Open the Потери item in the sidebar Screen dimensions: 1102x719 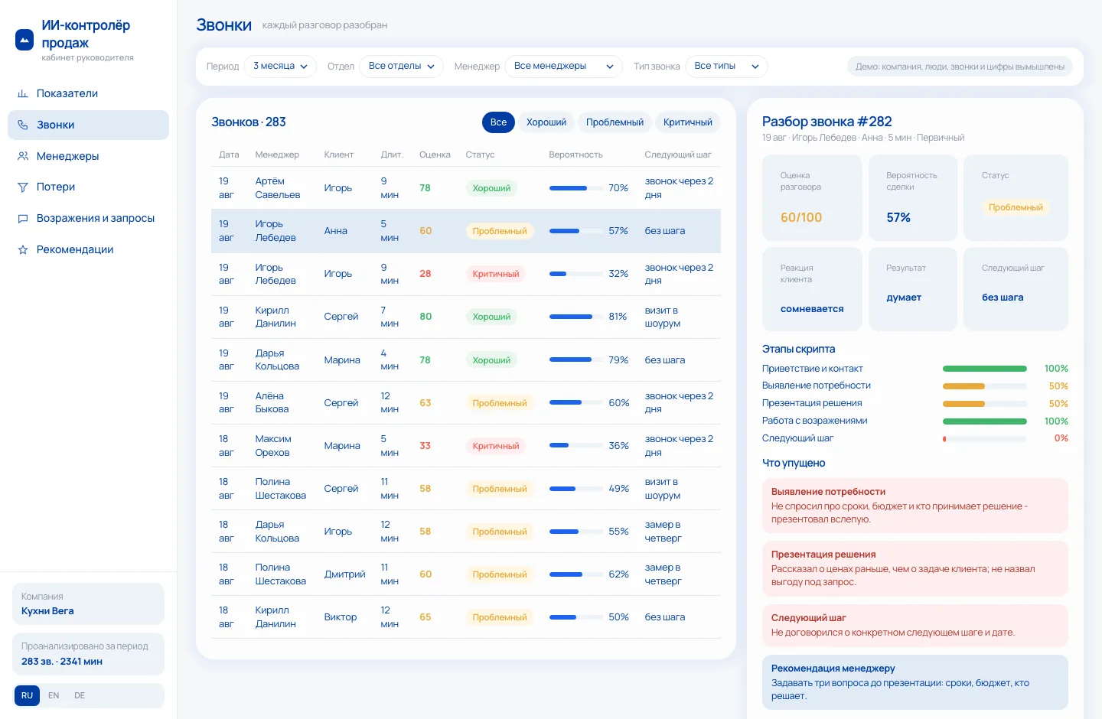pyautogui.click(x=55, y=187)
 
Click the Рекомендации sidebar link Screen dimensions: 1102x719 pyautogui.click(x=75, y=249)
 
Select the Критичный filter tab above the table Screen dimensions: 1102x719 pyautogui.click(x=687, y=122)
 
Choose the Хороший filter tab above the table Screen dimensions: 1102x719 pyautogui.click(x=546, y=122)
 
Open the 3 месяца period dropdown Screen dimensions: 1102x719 pyautogui.click(x=280, y=66)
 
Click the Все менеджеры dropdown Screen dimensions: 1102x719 pyautogui.click(x=563, y=66)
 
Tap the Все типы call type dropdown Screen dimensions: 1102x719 pyautogui.click(x=726, y=66)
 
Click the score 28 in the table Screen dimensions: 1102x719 pyautogui.click(x=425, y=273)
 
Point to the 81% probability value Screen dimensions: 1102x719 pyautogui.click(x=618, y=316)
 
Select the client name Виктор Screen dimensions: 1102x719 pyautogui.click(x=340, y=617)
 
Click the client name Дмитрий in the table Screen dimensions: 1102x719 pyautogui.click(x=344, y=574)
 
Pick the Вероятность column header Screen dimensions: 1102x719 pyautogui.click(x=575, y=155)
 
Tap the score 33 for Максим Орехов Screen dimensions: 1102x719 pyautogui.click(x=425, y=446)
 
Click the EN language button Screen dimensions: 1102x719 pyautogui.click(x=54, y=695)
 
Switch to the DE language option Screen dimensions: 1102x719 pyautogui.click(x=80, y=695)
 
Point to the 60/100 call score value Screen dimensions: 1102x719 pyautogui.click(x=801, y=217)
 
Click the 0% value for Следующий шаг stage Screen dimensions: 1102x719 pyautogui.click(x=1061, y=438)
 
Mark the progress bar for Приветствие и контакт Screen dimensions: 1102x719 pyautogui.click(x=984, y=369)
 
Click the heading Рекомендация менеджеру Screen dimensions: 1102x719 pyautogui.click(x=833, y=669)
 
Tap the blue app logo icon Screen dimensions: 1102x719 pyautogui.click(x=24, y=40)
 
